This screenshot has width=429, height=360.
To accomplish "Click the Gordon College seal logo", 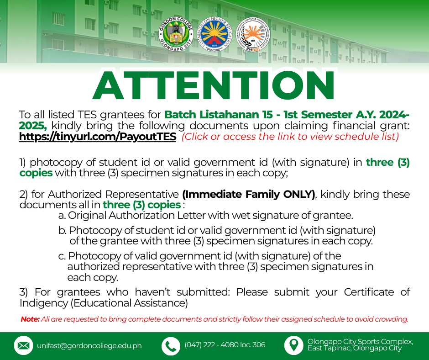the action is coord(176,34).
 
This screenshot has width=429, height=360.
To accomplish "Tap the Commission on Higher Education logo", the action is coord(214,34).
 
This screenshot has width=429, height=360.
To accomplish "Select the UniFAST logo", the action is coord(252,34).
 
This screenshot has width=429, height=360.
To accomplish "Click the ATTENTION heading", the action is coord(214,85).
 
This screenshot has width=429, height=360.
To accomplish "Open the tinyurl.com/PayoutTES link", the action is coord(98,137).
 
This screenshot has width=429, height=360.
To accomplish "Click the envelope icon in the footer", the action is coord(24,345).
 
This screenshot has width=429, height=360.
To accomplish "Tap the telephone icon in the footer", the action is coord(171,346).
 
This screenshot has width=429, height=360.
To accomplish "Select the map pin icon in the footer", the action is coord(293,345).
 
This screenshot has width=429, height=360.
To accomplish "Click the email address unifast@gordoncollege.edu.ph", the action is coord(89,346).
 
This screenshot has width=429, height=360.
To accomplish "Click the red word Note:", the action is coord(30,319).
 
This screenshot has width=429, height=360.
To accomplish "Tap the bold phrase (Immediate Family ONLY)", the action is coord(249,194).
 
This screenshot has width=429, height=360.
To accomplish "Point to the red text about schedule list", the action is coord(290,137).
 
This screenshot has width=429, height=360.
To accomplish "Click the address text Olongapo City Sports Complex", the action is coord(360,342).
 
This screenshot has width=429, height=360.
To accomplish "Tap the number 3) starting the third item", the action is coord(24,292).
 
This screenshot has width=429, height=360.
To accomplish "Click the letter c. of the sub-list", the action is coord(62,256).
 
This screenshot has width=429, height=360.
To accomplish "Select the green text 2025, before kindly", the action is coord(33,126).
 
